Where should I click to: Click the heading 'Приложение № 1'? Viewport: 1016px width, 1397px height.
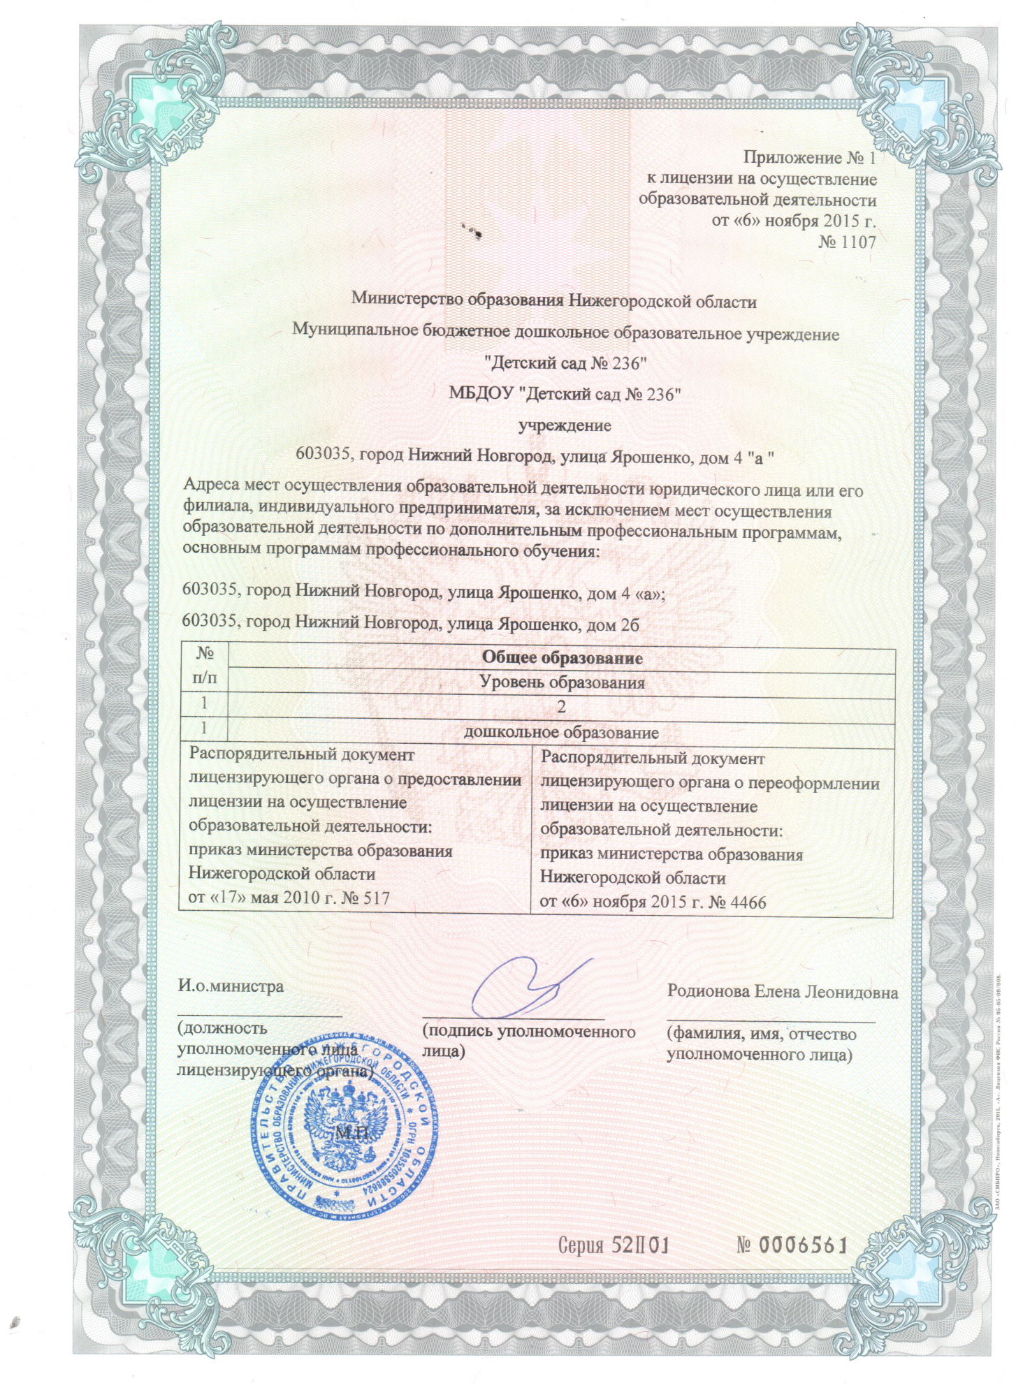click(808, 158)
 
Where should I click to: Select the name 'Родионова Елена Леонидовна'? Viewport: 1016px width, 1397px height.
click(782, 992)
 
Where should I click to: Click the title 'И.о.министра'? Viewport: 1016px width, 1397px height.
click(231, 986)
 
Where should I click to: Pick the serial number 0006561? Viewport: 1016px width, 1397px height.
click(792, 1245)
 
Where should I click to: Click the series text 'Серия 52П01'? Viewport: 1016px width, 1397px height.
click(614, 1245)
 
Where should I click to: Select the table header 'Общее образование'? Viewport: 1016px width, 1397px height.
click(562, 658)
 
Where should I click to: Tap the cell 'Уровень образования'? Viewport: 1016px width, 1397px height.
click(562, 682)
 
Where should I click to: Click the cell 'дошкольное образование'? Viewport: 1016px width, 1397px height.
click(562, 733)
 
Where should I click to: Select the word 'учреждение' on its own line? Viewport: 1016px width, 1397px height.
click(564, 425)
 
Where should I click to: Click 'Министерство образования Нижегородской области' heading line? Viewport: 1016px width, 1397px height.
click(553, 301)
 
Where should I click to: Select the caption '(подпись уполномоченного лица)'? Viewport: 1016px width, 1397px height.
click(528, 1040)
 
